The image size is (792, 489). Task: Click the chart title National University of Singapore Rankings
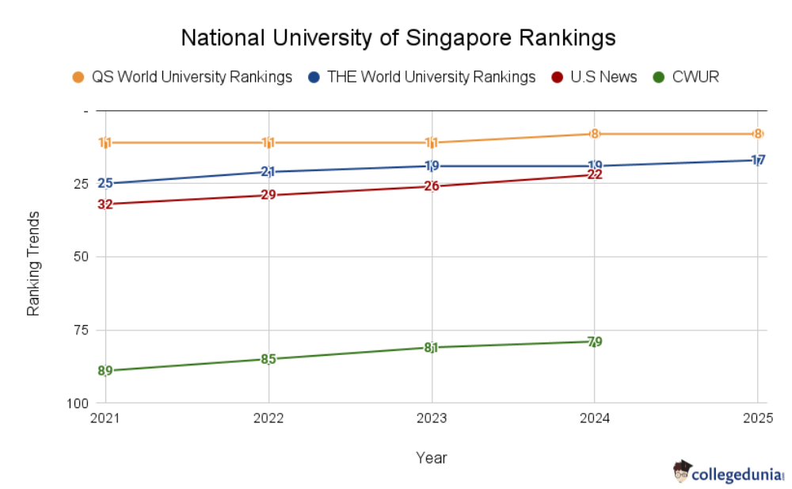pyautogui.click(x=398, y=37)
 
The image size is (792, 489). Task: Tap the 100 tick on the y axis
pyautogui.click(x=77, y=403)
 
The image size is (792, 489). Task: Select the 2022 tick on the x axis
pyautogui.click(x=268, y=418)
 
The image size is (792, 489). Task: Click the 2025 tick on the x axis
pyautogui.click(x=757, y=418)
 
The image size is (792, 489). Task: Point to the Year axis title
pyautogui.click(x=432, y=458)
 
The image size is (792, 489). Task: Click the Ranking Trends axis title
pyautogui.click(x=33, y=264)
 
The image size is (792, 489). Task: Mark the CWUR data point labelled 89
pyautogui.click(x=105, y=371)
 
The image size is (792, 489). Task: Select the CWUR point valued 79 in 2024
pyautogui.click(x=594, y=342)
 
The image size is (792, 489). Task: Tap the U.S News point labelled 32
pyautogui.click(x=105, y=204)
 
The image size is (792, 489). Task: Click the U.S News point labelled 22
pyautogui.click(x=594, y=174)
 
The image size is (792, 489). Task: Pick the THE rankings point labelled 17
pyautogui.click(x=757, y=160)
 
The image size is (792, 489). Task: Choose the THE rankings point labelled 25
pyautogui.click(x=105, y=184)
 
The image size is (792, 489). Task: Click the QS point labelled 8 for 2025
pyautogui.click(x=757, y=134)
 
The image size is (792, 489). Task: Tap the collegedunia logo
pyautogui.click(x=728, y=473)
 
